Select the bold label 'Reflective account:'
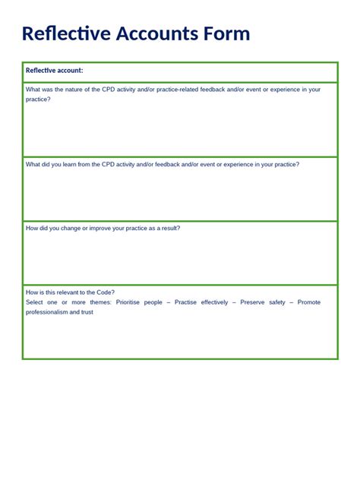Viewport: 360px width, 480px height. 55,71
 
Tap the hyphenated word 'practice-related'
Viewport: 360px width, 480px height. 172,90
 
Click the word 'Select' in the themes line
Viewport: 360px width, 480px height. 35,302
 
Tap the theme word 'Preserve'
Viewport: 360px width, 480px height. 254,302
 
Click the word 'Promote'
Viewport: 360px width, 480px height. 309,302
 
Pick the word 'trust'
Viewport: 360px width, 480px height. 86,312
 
